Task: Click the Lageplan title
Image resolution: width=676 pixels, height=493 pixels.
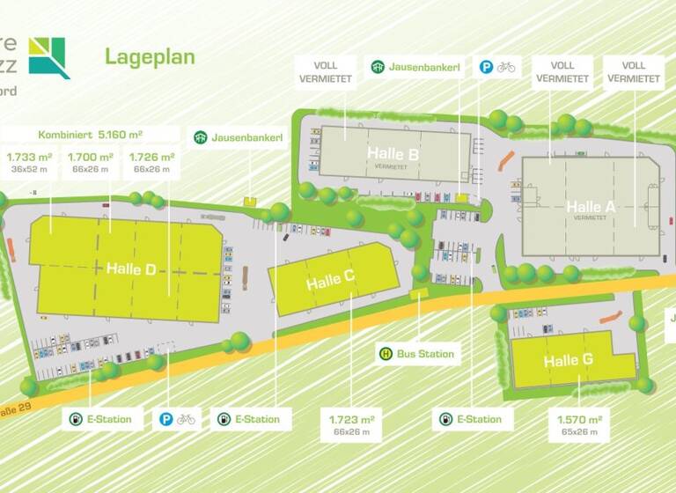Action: pyautogui.click(x=150, y=57)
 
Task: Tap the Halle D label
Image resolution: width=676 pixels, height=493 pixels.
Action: pyautogui.click(x=131, y=269)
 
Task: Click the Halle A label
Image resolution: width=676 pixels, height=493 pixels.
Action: pyautogui.click(x=590, y=207)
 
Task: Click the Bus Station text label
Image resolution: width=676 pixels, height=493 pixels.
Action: pyautogui.click(x=425, y=355)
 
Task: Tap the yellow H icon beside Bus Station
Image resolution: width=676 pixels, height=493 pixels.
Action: pyautogui.click(x=386, y=355)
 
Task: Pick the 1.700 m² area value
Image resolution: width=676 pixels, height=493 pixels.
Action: pyautogui.click(x=89, y=158)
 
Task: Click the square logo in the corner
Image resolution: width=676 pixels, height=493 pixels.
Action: pyautogui.click(x=48, y=57)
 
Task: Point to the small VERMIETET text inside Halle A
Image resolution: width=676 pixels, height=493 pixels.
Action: pyautogui.click(x=590, y=217)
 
